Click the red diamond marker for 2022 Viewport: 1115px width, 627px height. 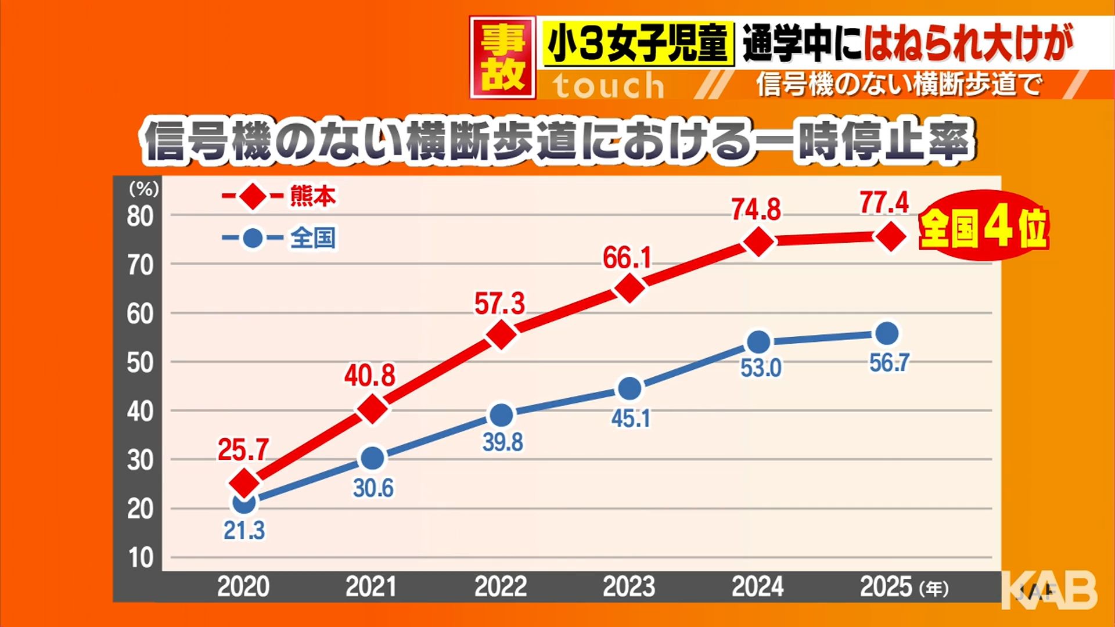coord(502,334)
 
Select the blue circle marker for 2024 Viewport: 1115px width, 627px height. coord(759,343)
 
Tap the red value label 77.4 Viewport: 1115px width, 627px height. coord(884,203)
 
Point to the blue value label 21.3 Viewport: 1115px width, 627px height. coord(244,531)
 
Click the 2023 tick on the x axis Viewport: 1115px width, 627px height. coord(629,587)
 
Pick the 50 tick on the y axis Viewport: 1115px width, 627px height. coord(140,363)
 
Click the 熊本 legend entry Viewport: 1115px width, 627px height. coord(312,197)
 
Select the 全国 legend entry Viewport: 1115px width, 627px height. coord(312,238)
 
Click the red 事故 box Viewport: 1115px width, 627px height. coord(502,57)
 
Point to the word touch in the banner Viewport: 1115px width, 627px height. coord(608,87)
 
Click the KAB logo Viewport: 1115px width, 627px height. coord(1050,590)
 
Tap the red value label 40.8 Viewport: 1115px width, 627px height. coord(369,376)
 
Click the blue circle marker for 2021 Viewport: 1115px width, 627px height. coord(373,459)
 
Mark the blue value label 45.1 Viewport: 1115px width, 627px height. coord(631,418)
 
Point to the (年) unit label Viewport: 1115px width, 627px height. coord(934,589)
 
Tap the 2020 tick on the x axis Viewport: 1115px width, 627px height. coord(243,587)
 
